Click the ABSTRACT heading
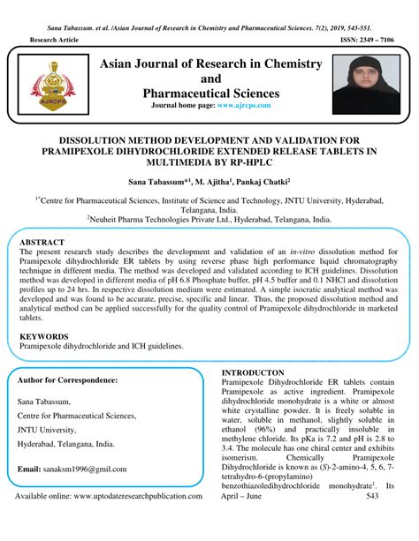(x=42, y=240)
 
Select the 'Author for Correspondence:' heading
(x=68, y=379)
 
